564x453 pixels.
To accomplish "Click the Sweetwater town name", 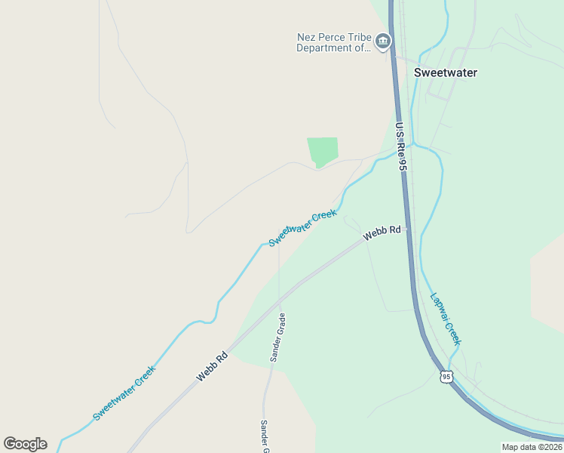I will [x=446, y=73].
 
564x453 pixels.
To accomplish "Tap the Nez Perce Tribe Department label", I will [x=334, y=42].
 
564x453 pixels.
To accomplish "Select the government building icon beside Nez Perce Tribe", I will [x=383, y=41].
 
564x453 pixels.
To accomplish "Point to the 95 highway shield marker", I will [x=446, y=376].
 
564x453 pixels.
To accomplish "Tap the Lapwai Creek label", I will [x=446, y=318].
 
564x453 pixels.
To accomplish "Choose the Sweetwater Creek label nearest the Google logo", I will [x=124, y=393].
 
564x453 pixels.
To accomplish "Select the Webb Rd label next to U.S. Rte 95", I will [x=382, y=234].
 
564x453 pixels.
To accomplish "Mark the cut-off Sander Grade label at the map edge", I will [x=265, y=437].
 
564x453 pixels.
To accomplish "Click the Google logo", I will [x=25, y=443].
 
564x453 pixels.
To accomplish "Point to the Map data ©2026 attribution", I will [x=532, y=447].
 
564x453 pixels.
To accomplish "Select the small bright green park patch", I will [x=322, y=151].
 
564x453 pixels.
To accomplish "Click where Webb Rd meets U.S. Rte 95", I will [x=408, y=228].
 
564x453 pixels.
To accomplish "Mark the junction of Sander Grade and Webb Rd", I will [x=280, y=297].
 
